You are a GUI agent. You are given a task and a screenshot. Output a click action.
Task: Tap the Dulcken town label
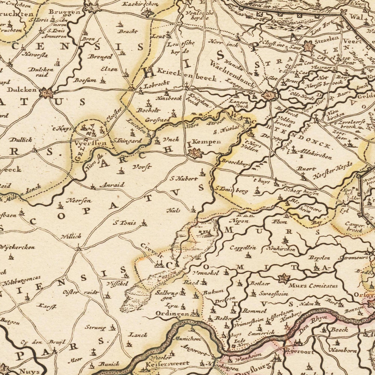click(22, 90)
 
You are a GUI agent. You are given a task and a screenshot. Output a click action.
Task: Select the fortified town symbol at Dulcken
click(46, 93)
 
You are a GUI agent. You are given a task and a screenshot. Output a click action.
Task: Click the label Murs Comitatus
click(313, 286)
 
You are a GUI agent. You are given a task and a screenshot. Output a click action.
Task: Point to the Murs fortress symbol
click(283, 279)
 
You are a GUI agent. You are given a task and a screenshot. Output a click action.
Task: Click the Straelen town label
click(327, 38)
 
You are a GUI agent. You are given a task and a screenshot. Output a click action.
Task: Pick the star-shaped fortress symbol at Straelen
click(308, 47)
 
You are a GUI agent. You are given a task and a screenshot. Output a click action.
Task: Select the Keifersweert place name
click(167, 364)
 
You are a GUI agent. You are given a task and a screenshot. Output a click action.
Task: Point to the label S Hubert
click(184, 179)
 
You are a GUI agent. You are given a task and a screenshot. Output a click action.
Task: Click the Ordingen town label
click(172, 314)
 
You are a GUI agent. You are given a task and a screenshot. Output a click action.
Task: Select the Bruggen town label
click(64, 12)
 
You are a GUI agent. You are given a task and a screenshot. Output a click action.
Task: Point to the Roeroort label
click(299, 352)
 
